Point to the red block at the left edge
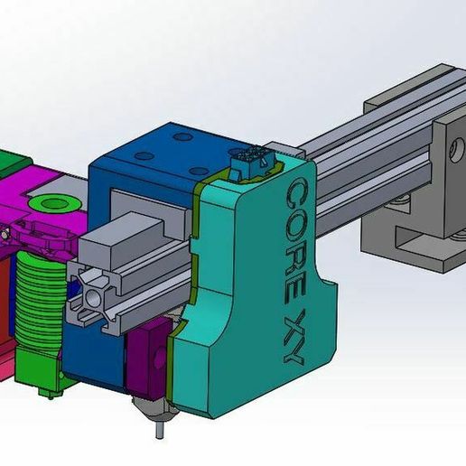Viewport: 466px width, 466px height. (x=6, y=307)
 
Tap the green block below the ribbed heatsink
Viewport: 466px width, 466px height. (x=42, y=361)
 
